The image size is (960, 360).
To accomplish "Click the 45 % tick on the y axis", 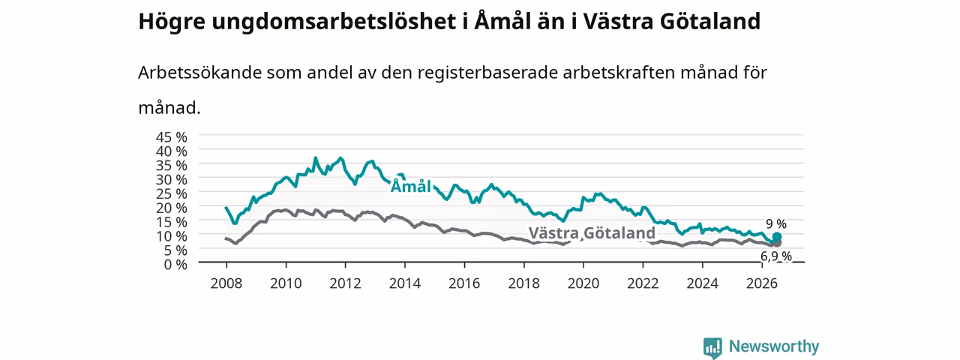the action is [172, 137].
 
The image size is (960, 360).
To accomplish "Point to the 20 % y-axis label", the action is [172, 208].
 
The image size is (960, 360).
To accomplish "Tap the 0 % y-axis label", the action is [175, 265].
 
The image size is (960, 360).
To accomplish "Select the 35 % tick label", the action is [172, 166].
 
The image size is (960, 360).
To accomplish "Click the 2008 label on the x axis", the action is [226, 283].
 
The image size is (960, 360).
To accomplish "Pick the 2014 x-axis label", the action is [405, 283].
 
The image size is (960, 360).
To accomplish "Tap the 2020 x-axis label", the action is [583, 283].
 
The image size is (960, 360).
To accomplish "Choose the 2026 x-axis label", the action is [762, 283].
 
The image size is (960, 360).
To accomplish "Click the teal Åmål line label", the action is [410, 187].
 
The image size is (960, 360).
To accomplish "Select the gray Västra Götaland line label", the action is [592, 233].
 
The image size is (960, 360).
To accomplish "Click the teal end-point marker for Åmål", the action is [776, 237].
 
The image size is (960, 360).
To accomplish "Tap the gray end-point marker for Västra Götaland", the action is [776, 243].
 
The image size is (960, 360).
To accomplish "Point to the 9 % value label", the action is [776, 223].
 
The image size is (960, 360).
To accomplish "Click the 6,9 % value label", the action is [776, 256].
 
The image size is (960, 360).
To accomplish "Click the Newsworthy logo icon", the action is [712, 347].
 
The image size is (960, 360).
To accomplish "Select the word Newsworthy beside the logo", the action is [774, 346].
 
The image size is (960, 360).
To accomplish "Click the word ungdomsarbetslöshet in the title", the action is [334, 22].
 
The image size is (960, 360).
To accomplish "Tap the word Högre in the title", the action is [172, 22].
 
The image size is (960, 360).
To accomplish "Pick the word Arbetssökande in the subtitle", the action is [199, 73].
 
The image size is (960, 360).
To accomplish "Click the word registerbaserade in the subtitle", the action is [487, 73].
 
